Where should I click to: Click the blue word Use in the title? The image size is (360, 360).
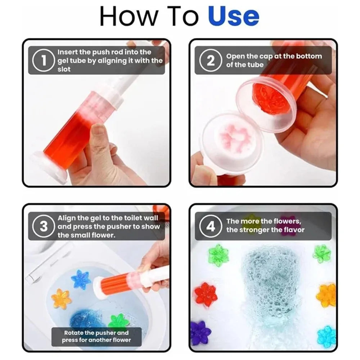(x=233, y=16)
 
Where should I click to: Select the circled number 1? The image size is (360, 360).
(x=43, y=60)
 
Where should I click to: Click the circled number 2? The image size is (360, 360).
(x=210, y=60)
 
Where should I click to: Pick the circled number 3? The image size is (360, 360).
(x=43, y=226)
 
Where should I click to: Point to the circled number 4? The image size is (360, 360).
(x=210, y=226)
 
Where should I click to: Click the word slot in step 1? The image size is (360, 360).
(x=64, y=69)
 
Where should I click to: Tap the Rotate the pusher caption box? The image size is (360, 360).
(x=96, y=336)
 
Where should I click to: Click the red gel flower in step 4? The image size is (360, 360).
(x=206, y=294)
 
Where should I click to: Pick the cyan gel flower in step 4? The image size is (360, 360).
(x=327, y=336)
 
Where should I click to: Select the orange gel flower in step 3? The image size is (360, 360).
(x=61, y=299)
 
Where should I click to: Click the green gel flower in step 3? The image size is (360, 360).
(x=118, y=321)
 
